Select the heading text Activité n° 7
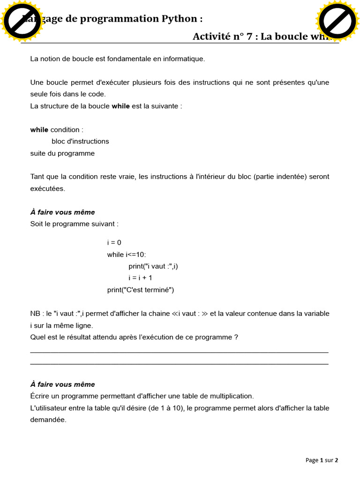pos(225,37)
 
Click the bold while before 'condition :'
pos(39,129)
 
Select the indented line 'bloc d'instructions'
pos(80,141)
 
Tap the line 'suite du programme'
pos(62,153)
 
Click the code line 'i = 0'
pos(114,242)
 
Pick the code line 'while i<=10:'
pos(127,254)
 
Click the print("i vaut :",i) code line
pos(153,266)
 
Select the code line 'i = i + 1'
pos(141,278)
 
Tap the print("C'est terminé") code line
pos(141,290)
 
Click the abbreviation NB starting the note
pos(35,313)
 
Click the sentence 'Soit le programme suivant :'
pos(75,224)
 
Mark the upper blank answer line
pos(179,352)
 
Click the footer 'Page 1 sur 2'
pos(322,460)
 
